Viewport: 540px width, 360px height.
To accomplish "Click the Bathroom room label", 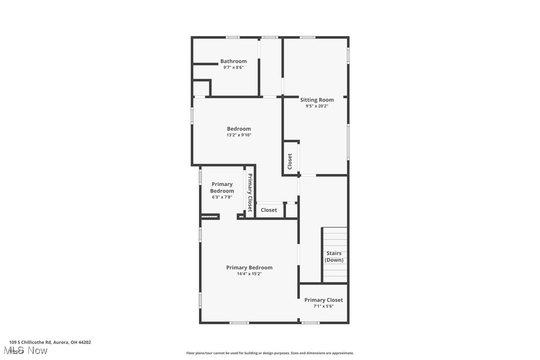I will point(233,61).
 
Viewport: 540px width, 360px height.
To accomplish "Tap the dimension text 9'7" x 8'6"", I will point(233,68).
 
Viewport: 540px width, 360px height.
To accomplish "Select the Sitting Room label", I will point(317,100).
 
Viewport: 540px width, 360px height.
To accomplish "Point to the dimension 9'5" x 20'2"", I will point(317,106).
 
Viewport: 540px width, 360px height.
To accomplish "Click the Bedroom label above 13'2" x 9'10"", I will point(239,129).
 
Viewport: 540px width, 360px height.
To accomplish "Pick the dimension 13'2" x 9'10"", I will point(239,135).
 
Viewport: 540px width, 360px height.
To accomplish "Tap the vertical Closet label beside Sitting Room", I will point(290,161).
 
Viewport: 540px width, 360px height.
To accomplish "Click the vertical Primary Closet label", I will point(250,193).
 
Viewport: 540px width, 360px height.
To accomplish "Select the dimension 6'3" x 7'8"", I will point(222,197).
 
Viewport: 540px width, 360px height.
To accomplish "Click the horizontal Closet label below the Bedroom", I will point(269,210).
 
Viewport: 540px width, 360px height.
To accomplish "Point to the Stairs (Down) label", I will point(334,257).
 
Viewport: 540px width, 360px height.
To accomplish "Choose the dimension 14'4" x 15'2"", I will point(249,273).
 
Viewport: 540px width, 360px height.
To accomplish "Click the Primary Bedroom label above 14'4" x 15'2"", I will point(249,268).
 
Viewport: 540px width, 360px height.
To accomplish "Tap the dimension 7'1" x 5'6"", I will point(323,306).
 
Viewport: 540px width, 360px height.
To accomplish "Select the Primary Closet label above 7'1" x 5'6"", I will point(323,300).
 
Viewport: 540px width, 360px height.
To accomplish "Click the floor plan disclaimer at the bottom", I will point(270,353).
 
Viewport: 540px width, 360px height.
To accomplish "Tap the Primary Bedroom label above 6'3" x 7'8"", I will point(222,187).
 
